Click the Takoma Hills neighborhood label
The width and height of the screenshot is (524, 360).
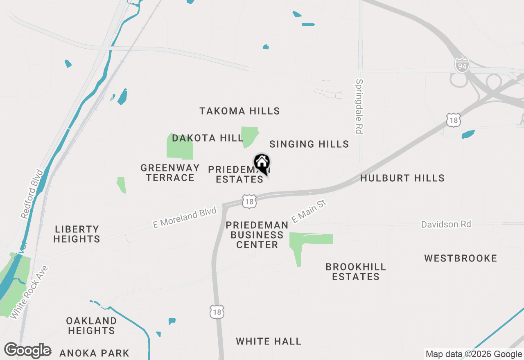tap(239, 111)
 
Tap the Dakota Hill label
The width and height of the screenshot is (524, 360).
tap(208, 138)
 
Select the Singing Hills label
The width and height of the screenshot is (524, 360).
tap(309, 144)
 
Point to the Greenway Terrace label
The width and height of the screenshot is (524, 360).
tap(170, 173)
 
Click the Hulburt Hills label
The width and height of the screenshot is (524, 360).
tap(402, 178)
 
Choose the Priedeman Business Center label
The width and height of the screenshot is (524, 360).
tap(257, 235)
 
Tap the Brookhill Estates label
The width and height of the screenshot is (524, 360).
tap(356, 272)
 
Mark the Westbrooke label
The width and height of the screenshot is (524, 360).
tap(461, 258)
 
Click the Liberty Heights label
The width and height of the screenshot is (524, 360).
tap(77, 234)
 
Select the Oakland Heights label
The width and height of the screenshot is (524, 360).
tap(91, 326)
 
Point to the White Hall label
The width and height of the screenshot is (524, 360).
tap(269, 341)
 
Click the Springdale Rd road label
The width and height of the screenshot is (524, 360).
tap(359, 106)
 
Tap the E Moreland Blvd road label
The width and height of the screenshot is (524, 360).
tap(184, 218)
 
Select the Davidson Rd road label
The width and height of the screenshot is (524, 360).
tap(446, 224)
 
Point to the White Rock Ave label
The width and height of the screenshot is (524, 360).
tap(29, 292)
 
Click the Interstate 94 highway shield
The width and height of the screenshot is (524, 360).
tap(461, 65)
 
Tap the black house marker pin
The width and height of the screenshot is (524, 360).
tap(262, 164)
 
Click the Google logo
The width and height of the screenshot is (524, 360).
tap(27, 351)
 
